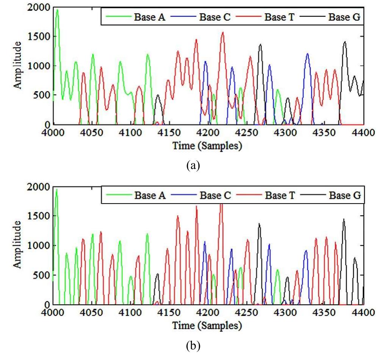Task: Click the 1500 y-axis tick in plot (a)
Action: (40, 37)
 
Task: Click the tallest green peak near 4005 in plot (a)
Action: (57, 10)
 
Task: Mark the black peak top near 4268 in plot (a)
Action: (260, 45)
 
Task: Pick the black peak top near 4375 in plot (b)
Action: (344, 219)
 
